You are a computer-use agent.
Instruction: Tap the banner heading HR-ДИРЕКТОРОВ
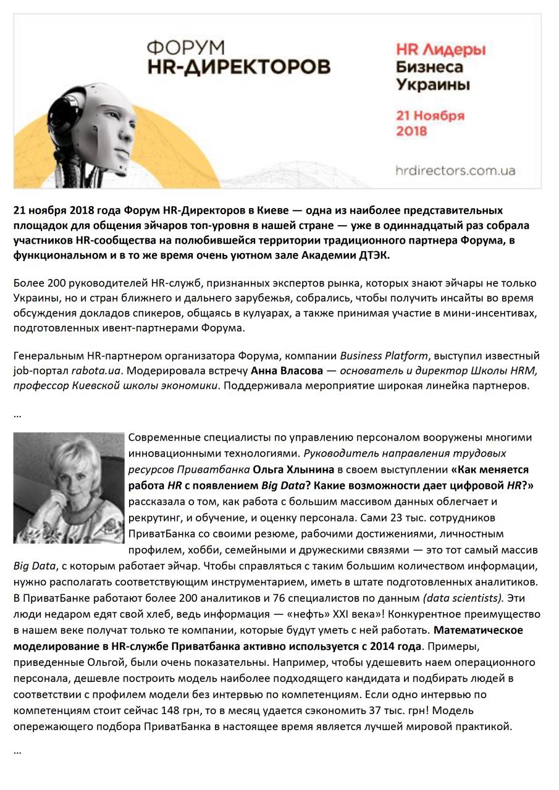click(238, 67)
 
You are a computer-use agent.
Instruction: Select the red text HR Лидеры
click(440, 49)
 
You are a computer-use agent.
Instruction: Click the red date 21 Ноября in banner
click(430, 115)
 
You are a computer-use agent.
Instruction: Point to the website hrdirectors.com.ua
click(455, 170)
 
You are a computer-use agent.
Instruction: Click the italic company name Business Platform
click(384, 355)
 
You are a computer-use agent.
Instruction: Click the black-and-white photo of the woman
click(69, 488)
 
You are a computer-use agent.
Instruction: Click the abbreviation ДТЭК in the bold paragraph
click(380, 254)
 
